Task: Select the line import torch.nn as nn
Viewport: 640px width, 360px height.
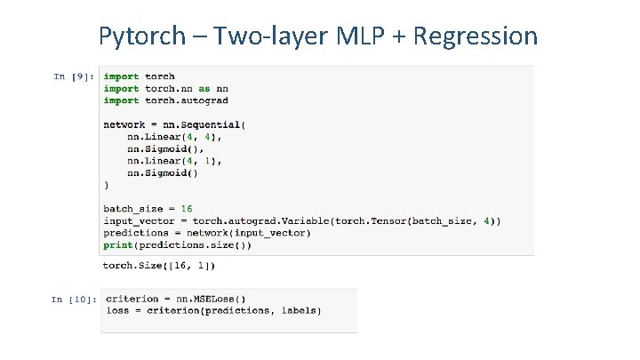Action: [166, 89]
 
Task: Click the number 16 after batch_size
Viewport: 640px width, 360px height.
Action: [187, 209]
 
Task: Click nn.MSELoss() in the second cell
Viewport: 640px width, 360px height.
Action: [212, 299]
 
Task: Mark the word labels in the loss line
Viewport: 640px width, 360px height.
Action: [300, 311]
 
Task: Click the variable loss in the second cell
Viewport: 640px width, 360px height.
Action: [116, 311]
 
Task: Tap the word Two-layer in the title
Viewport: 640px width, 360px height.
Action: [262, 36]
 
